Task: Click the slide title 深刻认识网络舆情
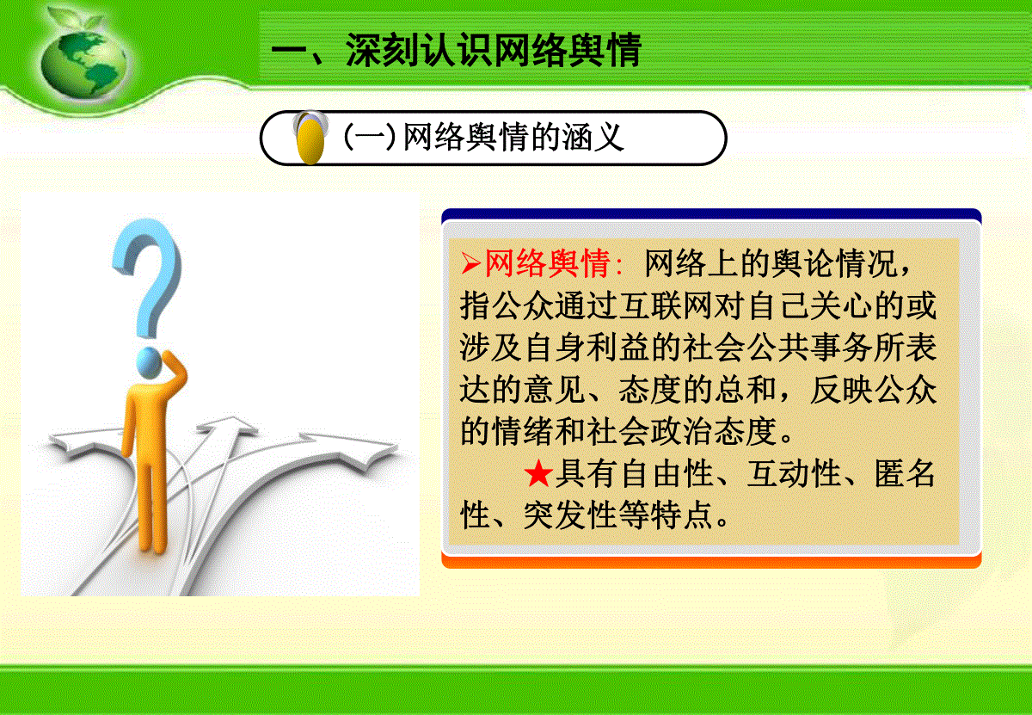(494, 50)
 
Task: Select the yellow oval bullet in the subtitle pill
(310, 140)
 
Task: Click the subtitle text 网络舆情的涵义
(513, 137)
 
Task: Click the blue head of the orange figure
(148, 362)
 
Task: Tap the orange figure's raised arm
(174, 371)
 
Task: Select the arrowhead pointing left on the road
(74, 442)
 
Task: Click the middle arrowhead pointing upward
(225, 427)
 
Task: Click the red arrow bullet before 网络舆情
(471, 263)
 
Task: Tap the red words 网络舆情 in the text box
(548, 263)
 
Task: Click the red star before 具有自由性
(538, 473)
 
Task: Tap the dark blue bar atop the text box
(711, 215)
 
